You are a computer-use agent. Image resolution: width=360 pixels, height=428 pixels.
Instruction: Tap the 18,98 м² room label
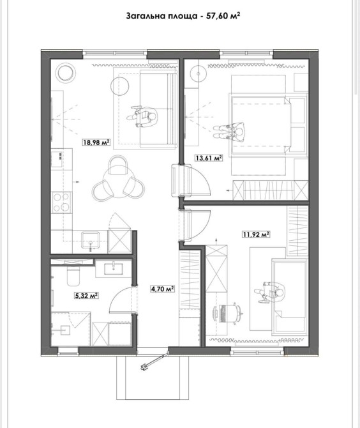[x=96, y=142]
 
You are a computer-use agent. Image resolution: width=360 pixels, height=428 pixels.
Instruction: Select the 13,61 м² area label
[x=208, y=158]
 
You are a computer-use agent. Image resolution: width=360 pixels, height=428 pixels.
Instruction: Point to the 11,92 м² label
[x=256, y=234]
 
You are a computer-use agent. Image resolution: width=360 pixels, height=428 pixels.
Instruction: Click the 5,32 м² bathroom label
[x=86, y=295]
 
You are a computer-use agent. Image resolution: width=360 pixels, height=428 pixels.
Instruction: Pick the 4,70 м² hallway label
[x=163, y=289]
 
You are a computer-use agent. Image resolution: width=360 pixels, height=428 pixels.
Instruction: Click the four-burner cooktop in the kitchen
[x=62, y=203]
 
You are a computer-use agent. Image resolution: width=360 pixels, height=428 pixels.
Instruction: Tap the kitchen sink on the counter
[x=91, y=240]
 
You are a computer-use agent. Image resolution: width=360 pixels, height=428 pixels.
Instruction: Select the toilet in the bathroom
[x=73, y=276]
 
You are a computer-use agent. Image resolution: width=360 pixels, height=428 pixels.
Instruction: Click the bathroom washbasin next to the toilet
[x=114, y=268]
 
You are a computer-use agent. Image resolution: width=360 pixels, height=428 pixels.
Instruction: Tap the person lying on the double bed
[x=229, y=132]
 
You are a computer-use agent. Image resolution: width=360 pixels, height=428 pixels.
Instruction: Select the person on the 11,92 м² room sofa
[x=270, y=292]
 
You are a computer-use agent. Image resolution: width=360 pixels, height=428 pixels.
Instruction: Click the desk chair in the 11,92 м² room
[x=234, y=313]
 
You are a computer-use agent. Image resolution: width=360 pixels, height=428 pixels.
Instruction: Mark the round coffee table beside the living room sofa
[x=120, y=86]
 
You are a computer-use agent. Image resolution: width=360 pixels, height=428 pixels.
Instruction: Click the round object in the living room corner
[x=66, y=72]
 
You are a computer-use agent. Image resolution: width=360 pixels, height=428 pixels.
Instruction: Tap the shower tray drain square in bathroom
[x=65, y=330]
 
